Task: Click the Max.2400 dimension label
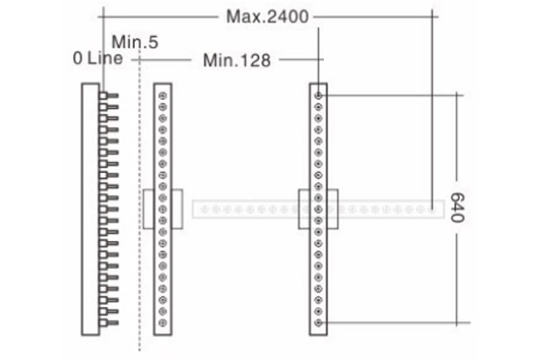[x=267, y=16]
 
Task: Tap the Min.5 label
[x=135, y=42]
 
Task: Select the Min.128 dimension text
[x=237, y=60]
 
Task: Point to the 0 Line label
[x=98, y=58]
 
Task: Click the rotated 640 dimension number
[x=458, y=208]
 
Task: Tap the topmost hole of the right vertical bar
[x=319, y=95]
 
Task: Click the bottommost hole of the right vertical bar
[x=319, y=323]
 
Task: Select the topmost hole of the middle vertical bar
[x=163, y=95]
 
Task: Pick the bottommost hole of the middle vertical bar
[x=163, y=323]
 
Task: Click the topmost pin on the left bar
[x=109, y=95]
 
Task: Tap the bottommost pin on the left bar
[x=109, y=323]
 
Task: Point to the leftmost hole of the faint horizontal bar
[x=204, y=209]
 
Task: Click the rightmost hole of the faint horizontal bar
[x=432, y=209]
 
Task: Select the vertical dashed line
[x=139, y=200]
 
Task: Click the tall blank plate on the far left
[x=91, y=209]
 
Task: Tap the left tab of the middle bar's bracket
[x=148, y=209]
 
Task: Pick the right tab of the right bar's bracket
[x=332, y=209]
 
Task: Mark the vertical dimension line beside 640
[x=457, y=209]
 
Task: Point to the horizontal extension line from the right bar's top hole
[x=393, y=95]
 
